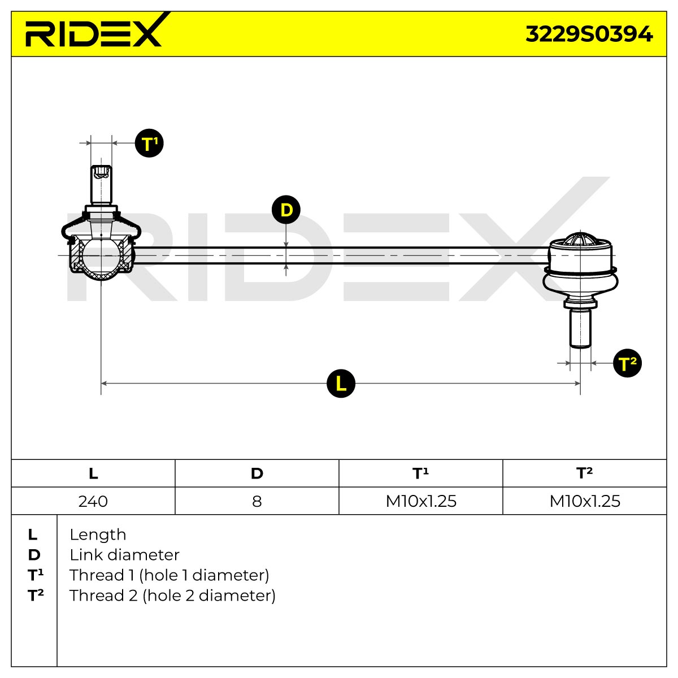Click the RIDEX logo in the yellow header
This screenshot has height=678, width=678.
click(x=94, y=31)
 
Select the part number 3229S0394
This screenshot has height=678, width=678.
click(x=589, y=34)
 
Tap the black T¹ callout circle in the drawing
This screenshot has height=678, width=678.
click(x=149, y=143)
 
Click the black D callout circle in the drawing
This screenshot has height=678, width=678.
click(x=286, y=210)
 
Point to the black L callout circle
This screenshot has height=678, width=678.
click(x=341, y=384)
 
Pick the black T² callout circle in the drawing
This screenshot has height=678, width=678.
click(x=627, y=363)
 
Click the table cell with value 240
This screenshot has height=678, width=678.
click(x=93, y=501)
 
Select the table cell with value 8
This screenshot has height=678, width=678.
click(x=257, y=501)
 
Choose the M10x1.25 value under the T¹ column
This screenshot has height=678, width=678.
click(x=421, y=501)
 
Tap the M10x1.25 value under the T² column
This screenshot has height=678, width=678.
click(x=585, y=501)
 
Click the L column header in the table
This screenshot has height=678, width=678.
click(x=93, y=473)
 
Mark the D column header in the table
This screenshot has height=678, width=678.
click(x=257, y=473)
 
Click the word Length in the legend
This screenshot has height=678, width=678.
click(x=98, y=535)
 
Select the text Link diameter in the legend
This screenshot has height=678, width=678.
click(x=124, y=555)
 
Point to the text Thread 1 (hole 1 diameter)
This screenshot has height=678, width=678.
click(x=169, y=576)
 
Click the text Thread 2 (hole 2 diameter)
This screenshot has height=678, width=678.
click(x=172, y=596)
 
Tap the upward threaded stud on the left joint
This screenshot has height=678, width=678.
click(x=101, y=185)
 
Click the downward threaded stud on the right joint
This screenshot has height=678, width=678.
click(x=580, y=328)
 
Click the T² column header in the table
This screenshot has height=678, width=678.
click(x=585, y=473)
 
